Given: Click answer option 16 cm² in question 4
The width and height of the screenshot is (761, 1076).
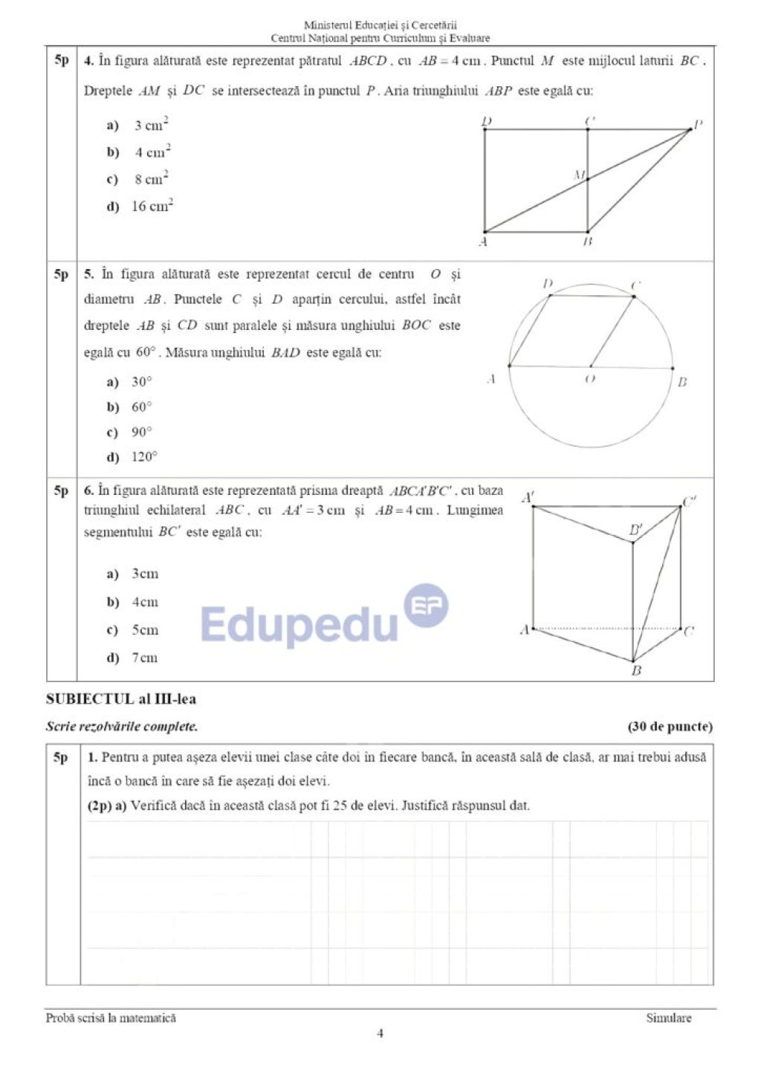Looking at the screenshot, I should [152, 206].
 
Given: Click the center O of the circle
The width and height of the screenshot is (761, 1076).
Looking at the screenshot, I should [591, 366].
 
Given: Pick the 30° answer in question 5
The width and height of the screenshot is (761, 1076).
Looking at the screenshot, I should [141, 382].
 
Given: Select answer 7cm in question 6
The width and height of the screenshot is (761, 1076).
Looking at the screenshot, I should [144, 658].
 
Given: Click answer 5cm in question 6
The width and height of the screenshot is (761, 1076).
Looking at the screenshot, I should [145, 630].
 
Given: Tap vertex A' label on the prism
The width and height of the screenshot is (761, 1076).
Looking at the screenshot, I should [528, 497].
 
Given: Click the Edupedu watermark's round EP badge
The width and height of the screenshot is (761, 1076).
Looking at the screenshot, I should [426, 606].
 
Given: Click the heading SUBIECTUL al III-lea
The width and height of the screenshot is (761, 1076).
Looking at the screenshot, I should [121, 699].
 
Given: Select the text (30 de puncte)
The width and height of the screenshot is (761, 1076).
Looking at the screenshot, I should [670, 727].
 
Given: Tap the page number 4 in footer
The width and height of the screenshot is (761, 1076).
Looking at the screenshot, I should [380, 1033].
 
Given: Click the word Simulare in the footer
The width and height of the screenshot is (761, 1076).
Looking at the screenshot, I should [668, 1018].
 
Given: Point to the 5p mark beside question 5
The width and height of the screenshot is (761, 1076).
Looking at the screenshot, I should [61, 275].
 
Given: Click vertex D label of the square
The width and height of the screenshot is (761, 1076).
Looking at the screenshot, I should [487, 121].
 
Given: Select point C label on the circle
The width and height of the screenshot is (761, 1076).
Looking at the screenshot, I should [636, 285].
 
